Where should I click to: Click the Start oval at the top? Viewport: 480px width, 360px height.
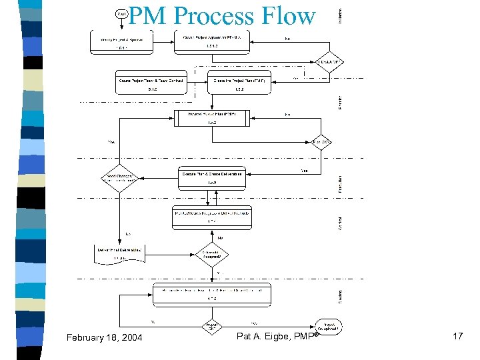[x=121, y=13]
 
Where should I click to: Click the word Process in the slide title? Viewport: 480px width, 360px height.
[x=211, y=16]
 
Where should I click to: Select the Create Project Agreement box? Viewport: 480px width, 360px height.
[x=213, y=42]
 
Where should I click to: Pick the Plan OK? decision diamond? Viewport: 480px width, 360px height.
[x=323, y=141]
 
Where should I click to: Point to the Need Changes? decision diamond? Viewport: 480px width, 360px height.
[x=119, y=179]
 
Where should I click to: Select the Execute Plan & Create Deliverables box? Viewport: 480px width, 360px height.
[x=213, y=177]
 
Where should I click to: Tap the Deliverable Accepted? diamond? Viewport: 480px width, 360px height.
[x=213, y=253]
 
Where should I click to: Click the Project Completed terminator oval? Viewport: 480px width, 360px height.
[x=329, y=327]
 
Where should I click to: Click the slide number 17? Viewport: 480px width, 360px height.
[x=457, y=337]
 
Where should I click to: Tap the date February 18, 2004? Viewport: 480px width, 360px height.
[x=105, y=338]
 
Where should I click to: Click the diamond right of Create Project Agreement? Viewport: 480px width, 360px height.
[x=329, y=62]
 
